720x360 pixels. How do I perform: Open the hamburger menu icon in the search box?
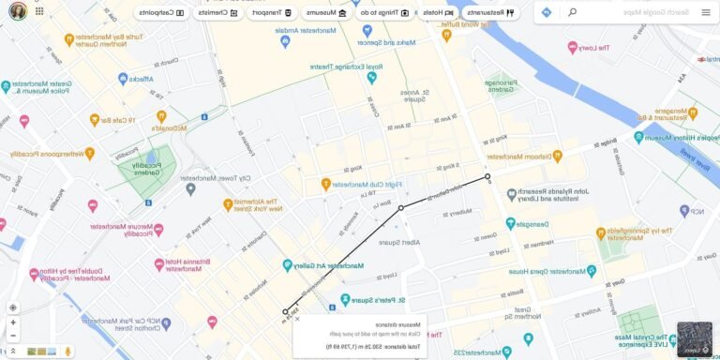[x=706, y=12]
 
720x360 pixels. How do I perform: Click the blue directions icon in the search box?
[x=547, y=12]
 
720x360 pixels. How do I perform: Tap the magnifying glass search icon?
[x=572, y=12]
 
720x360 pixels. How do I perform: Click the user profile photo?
[x=17, y=13]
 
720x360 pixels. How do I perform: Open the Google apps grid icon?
[x=39, y=13]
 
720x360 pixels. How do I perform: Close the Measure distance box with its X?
[x=298, y=319]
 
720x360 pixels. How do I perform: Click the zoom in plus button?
[x=13, y=322]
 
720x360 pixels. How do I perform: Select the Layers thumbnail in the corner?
[x=695, y=339]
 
